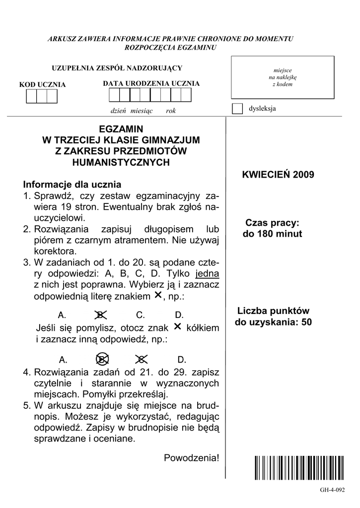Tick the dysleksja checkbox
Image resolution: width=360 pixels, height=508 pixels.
[238, 109]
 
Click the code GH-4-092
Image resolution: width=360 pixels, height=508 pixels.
[332, 490]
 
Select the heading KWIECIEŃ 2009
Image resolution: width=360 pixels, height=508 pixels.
[278, 175]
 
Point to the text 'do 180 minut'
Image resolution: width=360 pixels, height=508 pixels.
[272, 234]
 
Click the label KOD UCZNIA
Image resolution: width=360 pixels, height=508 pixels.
[42, 85]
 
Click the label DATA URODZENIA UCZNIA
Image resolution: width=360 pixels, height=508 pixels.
[151, 83]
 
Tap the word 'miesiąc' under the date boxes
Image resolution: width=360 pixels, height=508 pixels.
[142, 111]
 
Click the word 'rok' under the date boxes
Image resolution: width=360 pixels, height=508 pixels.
[171, 111]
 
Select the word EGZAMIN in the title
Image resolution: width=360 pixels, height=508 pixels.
[121, 129]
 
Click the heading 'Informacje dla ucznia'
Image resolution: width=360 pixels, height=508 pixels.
[72, 185]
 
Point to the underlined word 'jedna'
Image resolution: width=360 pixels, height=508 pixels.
[208, 273]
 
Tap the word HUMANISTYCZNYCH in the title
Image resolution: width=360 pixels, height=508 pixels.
[121, 162]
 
